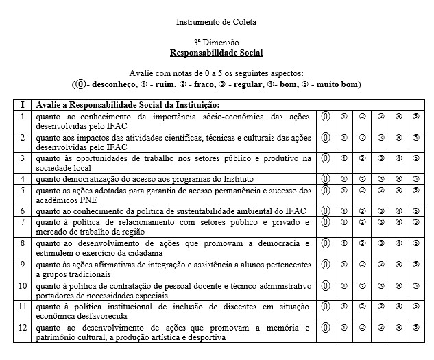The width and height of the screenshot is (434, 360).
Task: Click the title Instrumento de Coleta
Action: (216, 22)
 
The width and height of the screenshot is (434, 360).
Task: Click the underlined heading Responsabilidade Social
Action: (216, 52)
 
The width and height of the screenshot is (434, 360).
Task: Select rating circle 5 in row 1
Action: (416, 117)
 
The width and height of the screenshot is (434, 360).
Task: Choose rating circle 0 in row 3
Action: (326, 159)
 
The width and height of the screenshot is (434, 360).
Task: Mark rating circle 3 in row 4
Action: (380, 179)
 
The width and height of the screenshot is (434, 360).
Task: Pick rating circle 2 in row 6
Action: (362, 211)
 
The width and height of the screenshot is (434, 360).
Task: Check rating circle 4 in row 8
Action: (398, 243)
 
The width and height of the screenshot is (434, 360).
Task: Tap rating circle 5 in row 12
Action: (416, 328)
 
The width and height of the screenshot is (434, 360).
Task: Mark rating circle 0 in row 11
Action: (326, 307)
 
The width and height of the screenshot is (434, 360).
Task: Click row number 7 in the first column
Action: (22, 222)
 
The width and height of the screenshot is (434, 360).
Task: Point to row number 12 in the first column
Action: (23, 328)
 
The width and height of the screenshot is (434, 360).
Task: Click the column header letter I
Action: (22, 105)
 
